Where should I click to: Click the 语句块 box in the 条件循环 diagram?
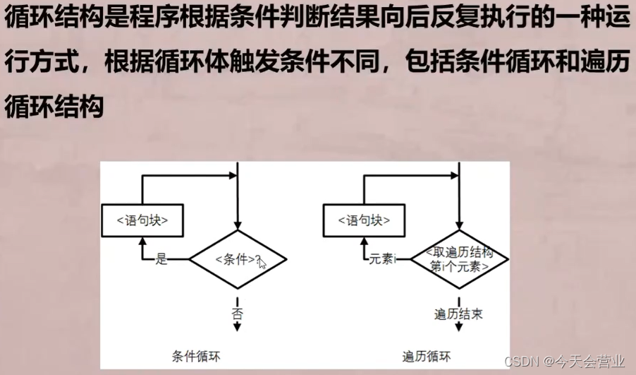(141, 220)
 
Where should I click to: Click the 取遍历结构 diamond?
(460, 259)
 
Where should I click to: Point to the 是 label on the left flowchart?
(161, 259)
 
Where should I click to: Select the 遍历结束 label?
(459, 311)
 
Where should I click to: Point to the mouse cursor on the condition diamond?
(262, 263)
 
